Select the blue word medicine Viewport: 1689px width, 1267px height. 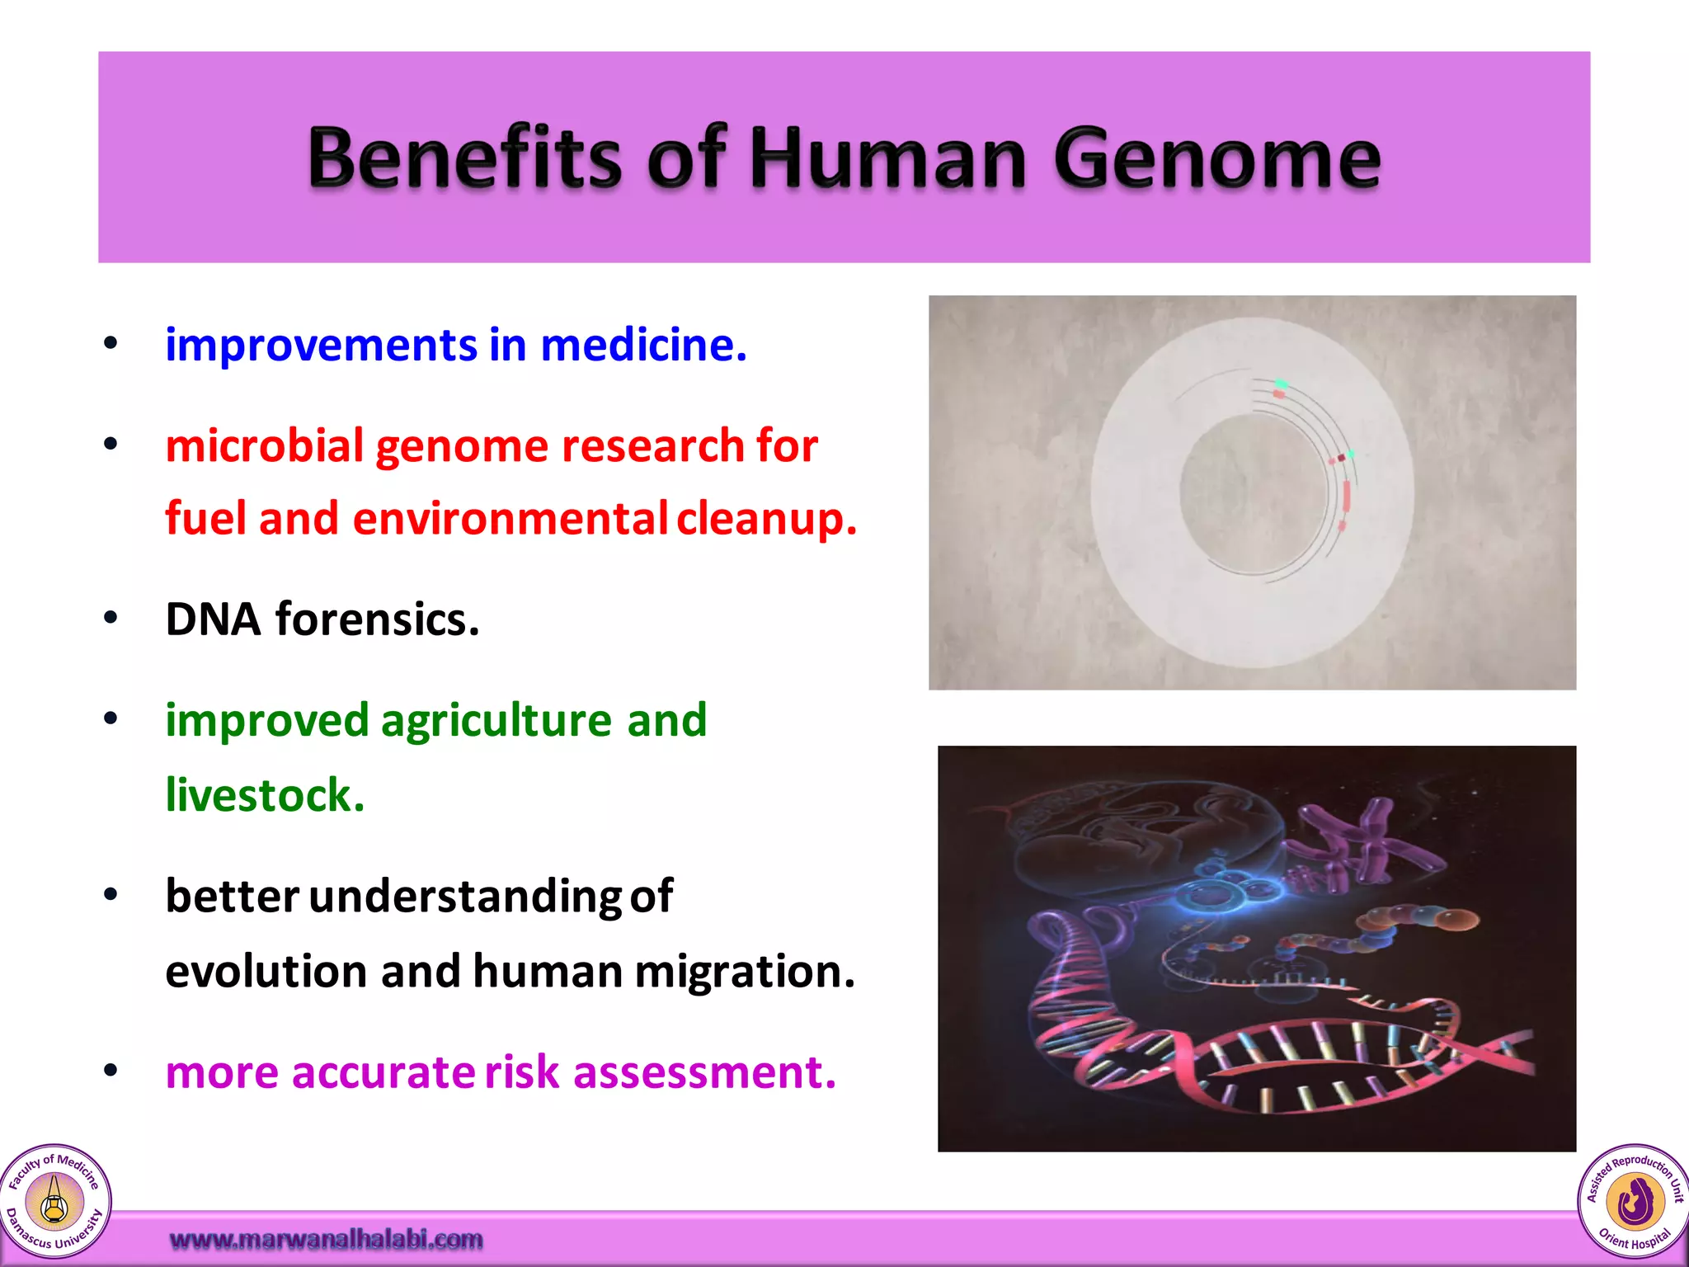[x=643, y=345]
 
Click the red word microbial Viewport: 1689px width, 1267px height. [x=265, y=446]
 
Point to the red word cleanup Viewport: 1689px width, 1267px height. [x=767, y=519]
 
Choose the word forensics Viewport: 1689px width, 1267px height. [x=377, y=619]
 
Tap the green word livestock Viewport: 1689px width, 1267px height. [x=265, y=795]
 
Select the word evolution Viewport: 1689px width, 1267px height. [x=266, y=971]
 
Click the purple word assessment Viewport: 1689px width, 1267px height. [x=704, y=1072]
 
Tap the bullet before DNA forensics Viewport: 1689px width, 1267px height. [x=111, y=618]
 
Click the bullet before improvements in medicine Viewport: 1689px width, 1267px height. [x=111, y=343]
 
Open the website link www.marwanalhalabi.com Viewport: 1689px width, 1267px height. [x=326, y=1239]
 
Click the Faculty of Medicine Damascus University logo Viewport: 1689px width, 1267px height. [x=54, y=1201]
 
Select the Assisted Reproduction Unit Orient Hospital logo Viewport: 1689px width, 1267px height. [x=1634, y=1201]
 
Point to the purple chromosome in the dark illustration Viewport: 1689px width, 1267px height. [x=1361, y=850]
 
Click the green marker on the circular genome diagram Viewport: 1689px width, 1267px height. [x=1281, y=384]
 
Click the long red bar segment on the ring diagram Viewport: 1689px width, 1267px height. [x=1347, y=497]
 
